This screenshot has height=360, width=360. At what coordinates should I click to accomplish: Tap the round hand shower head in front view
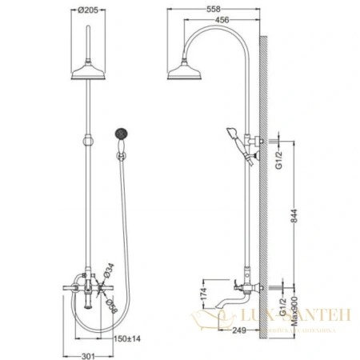click(123, 132)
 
